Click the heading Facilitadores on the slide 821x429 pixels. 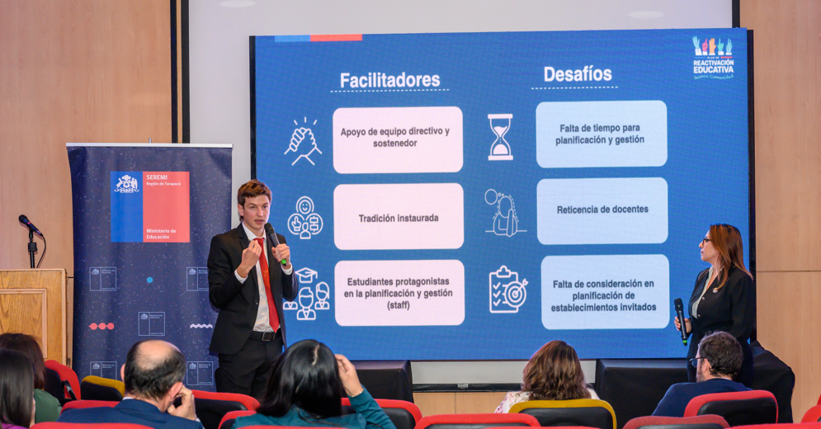click(390, 80)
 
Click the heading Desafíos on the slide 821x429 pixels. click(577, 74)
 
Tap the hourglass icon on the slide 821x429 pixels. click(499, 137)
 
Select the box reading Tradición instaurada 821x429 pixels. click(399, 218)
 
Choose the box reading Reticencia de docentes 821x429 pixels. click(602, 210)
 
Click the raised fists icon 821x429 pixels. click(303, 141)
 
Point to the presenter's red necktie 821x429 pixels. click(267, 280)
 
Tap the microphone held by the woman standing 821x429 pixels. click(680, 317)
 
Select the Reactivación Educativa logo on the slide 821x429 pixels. click(712, 57)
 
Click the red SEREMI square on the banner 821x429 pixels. click(166, 206)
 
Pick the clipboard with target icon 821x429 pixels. click(507, 290)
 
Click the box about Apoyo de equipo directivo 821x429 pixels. click(398, 139)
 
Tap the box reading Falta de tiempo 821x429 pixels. click(602, 134)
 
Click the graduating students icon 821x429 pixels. click(307, 293)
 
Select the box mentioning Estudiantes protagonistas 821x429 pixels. click(399, 293)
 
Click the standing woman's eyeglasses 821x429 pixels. click(706, 241)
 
